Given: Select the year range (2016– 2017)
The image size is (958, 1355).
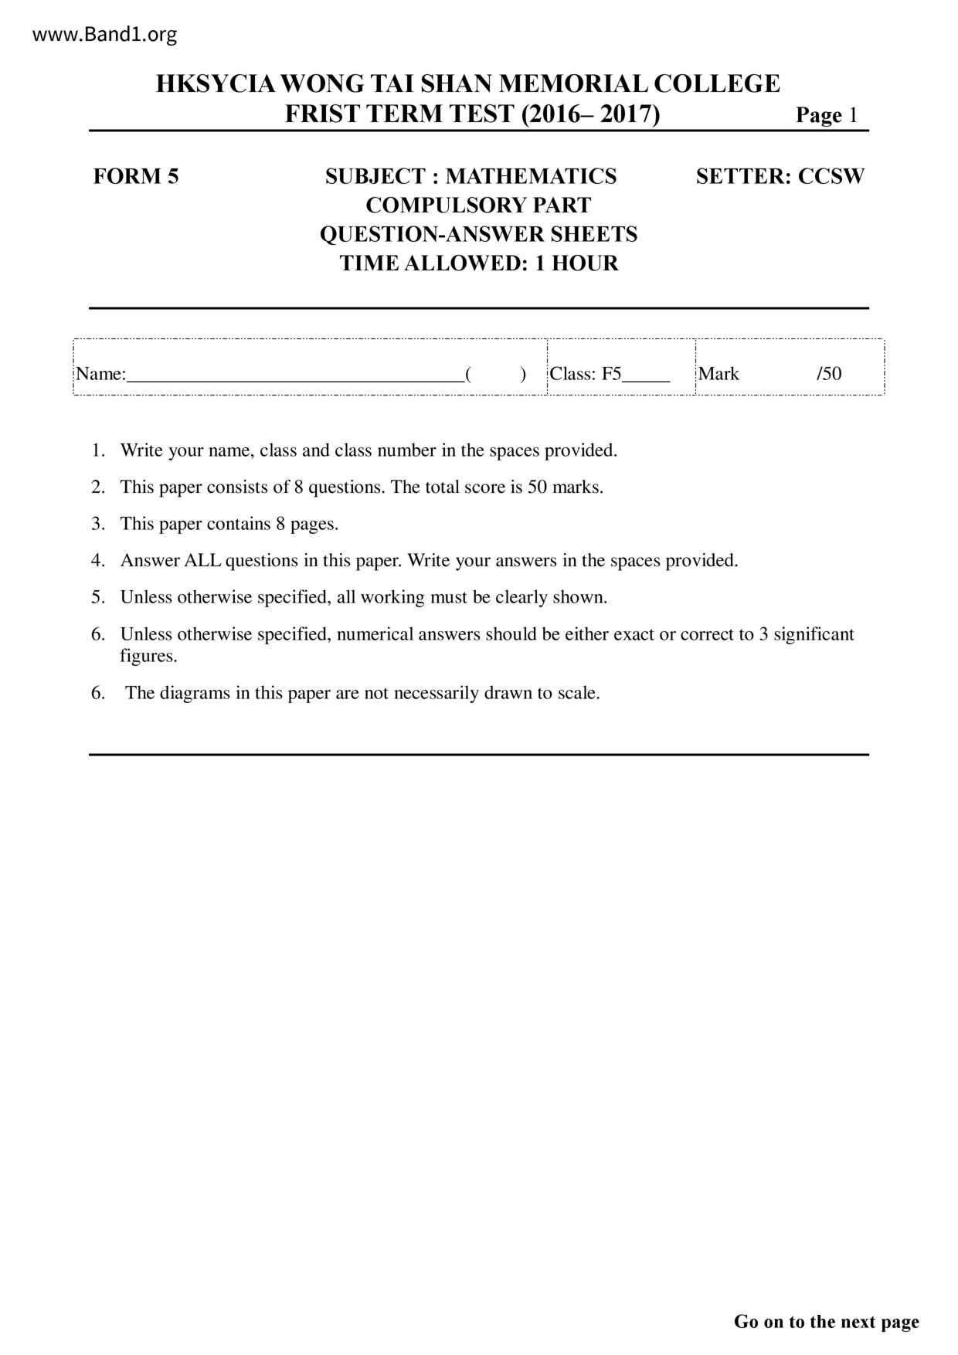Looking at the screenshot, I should click(x=591, y=114).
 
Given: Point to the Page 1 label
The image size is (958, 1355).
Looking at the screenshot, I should click(x=827, y=115).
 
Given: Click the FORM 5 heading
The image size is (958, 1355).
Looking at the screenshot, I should click(x=136, y=176).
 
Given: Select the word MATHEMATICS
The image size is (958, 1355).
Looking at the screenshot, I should click(x=531, y=176).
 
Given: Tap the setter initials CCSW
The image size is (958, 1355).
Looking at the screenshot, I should click(x=831, y=176).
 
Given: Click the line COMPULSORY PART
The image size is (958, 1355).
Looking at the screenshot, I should click(x=478, y=205).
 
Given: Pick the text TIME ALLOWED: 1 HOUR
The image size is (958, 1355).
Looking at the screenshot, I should click(x=479, y=263).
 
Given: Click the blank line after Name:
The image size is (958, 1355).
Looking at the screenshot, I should click(x=295, y=375).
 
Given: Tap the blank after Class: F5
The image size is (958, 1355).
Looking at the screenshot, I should click(x=646, y=375).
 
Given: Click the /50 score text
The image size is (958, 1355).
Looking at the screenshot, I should click(x=829, y=374).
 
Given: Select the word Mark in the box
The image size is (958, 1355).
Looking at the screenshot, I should click(x=718, y=374).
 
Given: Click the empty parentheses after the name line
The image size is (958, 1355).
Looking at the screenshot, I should click(x=496, y=375).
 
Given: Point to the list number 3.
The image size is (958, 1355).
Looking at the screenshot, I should click(x=98, y=524).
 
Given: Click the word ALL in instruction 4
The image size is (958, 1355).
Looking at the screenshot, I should click(x=202, y=561).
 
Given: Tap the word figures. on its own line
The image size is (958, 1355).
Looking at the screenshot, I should click(x=148, y=656).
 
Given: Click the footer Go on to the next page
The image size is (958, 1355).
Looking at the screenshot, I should click(x=826, y=1322).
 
